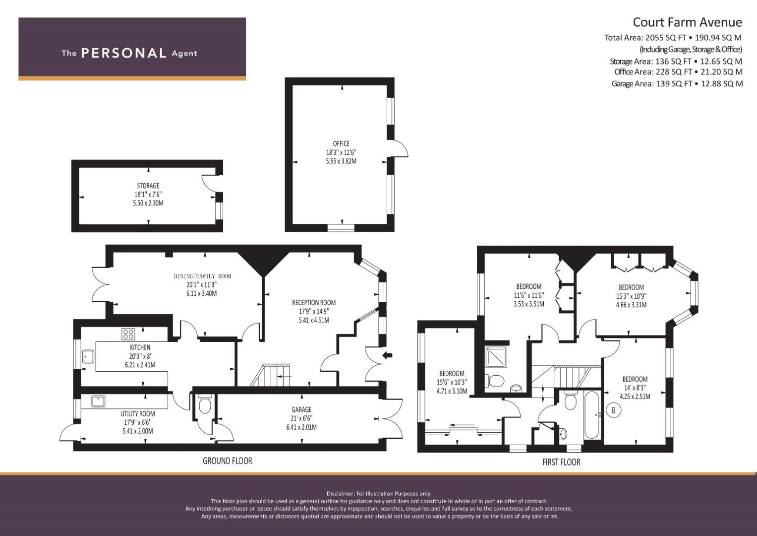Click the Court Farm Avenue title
click(688, 22)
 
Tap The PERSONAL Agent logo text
click(129, 53)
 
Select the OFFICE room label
click(341, 143)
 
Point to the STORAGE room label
click(148, 186)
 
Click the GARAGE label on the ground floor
click(301, 409)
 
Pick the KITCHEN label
click(140, 347)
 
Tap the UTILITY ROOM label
click(138, 413)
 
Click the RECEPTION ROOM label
click(314, 303)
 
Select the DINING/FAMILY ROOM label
click(202, 276)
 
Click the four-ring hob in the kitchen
click(128, 335)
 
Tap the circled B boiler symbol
click(614, 410)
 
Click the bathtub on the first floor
click(592, 415)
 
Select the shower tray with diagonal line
click(496, 357)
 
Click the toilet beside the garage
click(204, 404)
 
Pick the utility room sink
click(98, 402)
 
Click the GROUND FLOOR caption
click(228, 461)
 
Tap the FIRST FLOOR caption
click(561, 462)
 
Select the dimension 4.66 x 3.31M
click(631, 305)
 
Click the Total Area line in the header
click(673, 38)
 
